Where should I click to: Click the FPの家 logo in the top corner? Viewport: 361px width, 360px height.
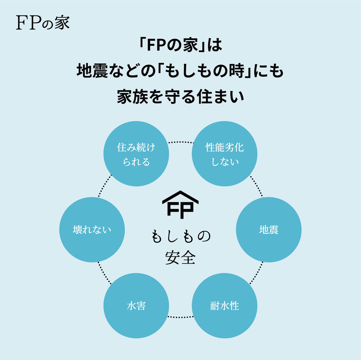point(43,23)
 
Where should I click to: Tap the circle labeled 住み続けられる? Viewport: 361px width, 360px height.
point(136,154)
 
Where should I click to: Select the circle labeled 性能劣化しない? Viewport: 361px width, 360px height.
point(225,154)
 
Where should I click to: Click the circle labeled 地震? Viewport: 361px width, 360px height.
point(269,230)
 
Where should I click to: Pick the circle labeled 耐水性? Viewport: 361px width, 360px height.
point(225,306)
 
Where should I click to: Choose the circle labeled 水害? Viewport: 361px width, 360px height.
point(136,306)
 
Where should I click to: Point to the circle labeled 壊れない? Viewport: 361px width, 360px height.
point(92,230)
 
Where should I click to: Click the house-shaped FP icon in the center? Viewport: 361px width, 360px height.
point(180,205)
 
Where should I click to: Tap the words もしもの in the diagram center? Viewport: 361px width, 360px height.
point(181,236)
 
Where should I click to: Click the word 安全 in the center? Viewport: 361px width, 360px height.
point(180,258)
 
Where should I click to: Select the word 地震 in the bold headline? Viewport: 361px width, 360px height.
point(92,71)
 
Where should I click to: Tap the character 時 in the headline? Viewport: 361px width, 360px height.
point(237,71)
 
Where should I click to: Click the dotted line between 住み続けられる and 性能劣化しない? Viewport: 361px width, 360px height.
point(180,142)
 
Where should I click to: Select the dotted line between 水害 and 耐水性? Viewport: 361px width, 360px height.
point(180,317)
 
